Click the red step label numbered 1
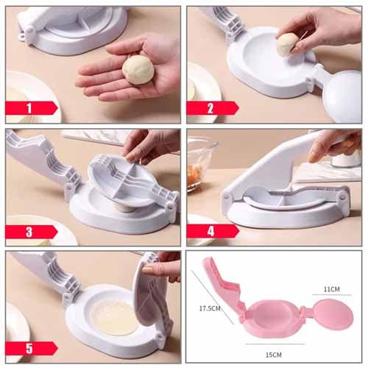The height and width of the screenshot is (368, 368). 31,108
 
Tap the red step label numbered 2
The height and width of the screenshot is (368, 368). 212,108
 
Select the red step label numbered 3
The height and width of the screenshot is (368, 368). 31,232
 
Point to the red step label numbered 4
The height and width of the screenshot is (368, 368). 212,231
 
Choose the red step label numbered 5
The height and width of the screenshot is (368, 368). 31,348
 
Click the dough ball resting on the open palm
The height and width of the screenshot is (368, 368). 138,70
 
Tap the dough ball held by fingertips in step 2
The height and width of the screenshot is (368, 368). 288,45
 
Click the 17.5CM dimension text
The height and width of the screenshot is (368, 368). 210,308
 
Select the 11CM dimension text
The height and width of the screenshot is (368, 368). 331,289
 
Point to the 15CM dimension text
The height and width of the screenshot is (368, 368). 274,355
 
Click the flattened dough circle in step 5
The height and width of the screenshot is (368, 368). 114,317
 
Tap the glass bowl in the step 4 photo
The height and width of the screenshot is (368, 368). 201,164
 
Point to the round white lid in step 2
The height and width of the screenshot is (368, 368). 342,98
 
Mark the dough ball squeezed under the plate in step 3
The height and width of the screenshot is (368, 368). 125,208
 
